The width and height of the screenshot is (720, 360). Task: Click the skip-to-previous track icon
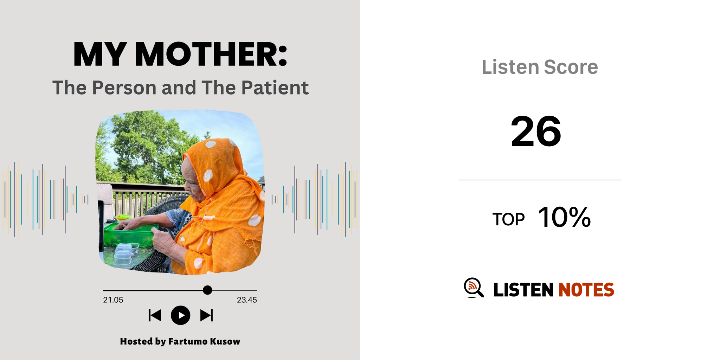(x=155, y=315)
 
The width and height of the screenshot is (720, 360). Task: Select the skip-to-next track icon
(x=206, y=315)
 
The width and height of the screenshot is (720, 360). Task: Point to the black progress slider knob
(x=207, y=290)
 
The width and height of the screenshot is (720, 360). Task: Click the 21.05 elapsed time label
(x=113, y=300)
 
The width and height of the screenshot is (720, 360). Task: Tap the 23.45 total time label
(x=247, y=300)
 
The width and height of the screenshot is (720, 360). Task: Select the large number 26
(x=536, y=131)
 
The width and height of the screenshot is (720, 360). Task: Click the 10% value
(x=564, y=217)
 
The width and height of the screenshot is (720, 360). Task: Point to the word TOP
(x=508, y=219)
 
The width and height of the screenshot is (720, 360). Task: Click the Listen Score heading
(x=540, y=67)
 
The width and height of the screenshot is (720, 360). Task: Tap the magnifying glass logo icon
(x=474, y=288)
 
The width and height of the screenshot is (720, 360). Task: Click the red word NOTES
(x=586, y=290)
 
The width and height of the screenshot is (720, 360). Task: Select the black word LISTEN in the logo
(x=523, y=290)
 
